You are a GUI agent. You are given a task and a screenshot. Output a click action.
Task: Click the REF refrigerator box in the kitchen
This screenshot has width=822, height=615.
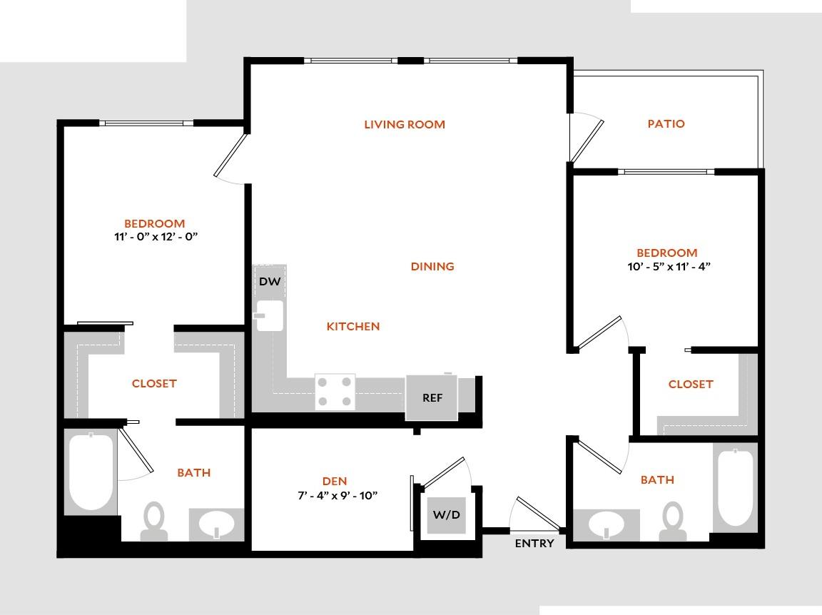[x=432, y=397]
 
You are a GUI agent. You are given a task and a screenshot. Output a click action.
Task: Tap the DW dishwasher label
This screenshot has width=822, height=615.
[x=270, y=282]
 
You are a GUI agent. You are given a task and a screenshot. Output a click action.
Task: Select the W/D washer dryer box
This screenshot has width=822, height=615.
[x=447, y=514]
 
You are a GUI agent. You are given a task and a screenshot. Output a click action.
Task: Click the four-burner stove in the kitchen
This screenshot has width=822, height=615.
[x=335, y=392]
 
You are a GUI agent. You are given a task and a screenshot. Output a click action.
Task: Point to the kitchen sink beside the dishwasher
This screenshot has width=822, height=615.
[x=270, y=315]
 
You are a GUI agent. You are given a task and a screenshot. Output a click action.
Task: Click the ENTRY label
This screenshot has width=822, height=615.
[x=534, y=544]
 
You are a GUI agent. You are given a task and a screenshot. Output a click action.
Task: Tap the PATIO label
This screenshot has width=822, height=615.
[x=666, y=124]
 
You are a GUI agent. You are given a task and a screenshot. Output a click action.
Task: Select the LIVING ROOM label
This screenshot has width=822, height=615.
[x=405, y=125]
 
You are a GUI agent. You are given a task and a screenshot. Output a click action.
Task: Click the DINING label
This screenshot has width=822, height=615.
[x=432, y=267]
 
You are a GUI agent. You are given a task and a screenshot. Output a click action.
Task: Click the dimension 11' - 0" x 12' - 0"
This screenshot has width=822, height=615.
[x=154, y=237]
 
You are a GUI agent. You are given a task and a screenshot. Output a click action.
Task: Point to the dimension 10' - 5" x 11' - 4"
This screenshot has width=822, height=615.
[x=666, y=266]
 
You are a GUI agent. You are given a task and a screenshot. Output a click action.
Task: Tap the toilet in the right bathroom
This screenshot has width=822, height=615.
[x=672, y=522]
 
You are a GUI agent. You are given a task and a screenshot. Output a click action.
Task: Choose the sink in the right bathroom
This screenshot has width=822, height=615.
[x=607, y=526]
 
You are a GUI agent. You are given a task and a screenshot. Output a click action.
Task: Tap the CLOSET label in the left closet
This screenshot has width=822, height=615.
[x=154, y=384]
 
